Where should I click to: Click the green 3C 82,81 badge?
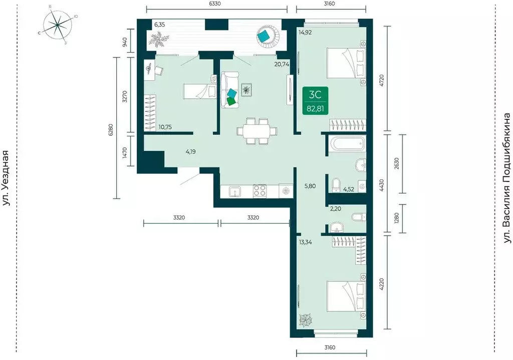coord(316,101)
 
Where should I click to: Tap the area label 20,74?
coord(282,65)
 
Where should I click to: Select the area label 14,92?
coord(305,32)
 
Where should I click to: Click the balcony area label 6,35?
coord(160,24)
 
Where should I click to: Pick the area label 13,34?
coord(305,242)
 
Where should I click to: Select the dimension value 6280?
coord(111,129)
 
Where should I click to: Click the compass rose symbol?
coord(57,25)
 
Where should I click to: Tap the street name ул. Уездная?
coord(6,178)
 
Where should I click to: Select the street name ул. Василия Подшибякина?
coord(507,178)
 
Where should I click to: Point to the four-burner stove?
coord(260,191)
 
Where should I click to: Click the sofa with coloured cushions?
coord(229,90)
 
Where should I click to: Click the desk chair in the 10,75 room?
coord(159,70)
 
